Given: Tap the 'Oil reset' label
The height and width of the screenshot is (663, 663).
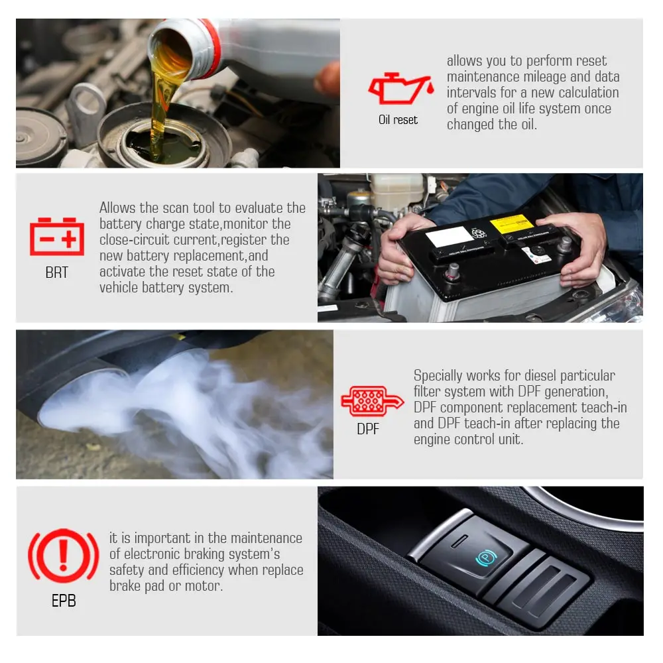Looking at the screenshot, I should point(398,120).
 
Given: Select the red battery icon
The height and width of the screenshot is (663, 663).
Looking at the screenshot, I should point(57,237).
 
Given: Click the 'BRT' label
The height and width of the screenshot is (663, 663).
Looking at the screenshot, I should point(56,272).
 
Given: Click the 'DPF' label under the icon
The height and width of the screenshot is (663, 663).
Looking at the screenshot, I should point(368,429).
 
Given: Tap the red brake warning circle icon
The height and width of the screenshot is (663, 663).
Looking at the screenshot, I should point(64,556).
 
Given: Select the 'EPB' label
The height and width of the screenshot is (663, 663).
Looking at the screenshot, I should point(64,601).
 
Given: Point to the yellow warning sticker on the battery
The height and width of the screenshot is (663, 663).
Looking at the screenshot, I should point(511,223).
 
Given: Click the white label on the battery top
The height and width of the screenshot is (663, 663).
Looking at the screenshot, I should point(449,236).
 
